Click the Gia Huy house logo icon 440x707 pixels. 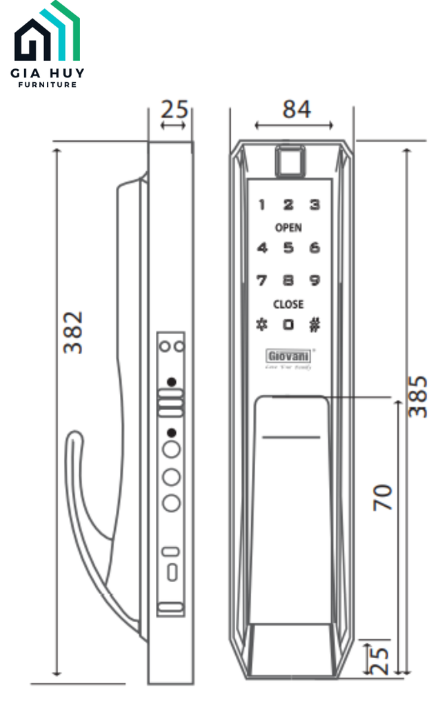coord(47,35)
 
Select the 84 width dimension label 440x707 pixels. coord(297,109)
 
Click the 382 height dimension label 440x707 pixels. coord(73,333)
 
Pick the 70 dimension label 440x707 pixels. coord(383,497)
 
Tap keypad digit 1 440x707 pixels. coord(262,205)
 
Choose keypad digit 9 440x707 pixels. coord(314,280)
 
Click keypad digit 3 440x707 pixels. coord(314,205)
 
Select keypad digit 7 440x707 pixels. coord(262,280)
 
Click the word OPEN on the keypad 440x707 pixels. coord(288,228)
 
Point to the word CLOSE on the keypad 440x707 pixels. coord(288,304)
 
